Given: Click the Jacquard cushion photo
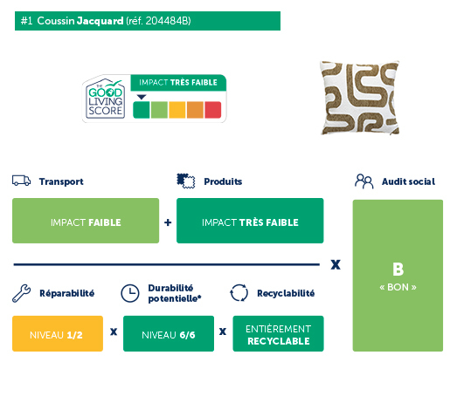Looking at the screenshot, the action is point(359,98).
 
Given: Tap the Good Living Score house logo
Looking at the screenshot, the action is point(105,99).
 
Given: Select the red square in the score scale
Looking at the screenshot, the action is point(212,110).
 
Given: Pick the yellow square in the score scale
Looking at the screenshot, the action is point(177,110).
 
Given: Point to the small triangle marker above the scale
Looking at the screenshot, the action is point(142,97).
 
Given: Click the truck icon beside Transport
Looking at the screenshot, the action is point(21,181).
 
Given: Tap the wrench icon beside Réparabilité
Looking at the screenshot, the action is point(21,293).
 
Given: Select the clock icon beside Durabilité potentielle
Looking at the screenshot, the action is point(130,293).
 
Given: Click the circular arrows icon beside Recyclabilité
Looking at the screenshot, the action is point(239,293).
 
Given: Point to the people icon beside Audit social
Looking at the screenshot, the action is point(364,181).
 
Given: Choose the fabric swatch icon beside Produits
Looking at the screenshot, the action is point(186,181).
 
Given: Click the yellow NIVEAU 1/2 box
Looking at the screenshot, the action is point(58,333).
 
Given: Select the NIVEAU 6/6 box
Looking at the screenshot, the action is point(169,333).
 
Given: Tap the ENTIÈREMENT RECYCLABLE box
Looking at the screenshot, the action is point(278,333).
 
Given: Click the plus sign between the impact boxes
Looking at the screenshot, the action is point(168,222).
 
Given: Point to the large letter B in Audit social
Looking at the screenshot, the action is point(398,270).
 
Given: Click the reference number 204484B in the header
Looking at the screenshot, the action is point(168,21).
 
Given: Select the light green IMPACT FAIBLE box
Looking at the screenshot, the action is point(86,221).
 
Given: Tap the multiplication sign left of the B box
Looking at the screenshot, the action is point(336,264).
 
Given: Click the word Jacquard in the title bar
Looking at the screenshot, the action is point(100,21).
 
